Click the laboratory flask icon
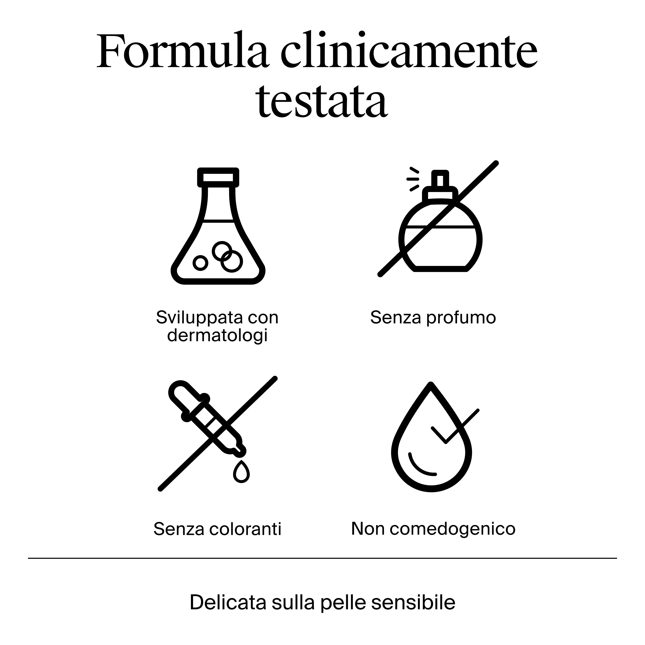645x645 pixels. (218, 226)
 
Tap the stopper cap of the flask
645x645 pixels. (218, 177)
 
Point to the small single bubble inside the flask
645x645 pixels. (200, 263)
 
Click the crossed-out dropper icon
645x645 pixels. (218, 434)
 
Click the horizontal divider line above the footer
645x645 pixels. (322, 558)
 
